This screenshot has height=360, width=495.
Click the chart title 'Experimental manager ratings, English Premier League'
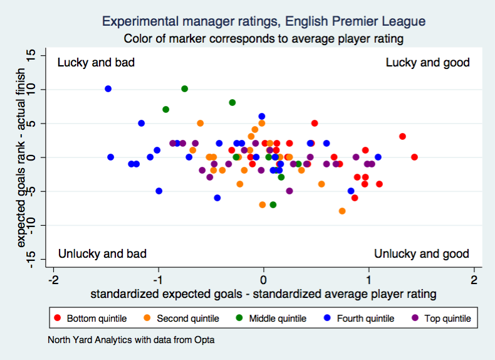(263, 21)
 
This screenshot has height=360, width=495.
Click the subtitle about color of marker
(263, 39)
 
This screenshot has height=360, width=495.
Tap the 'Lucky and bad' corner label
(96, 63)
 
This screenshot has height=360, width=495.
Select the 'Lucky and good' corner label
(427, 63)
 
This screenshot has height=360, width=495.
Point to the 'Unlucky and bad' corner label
(102, 254)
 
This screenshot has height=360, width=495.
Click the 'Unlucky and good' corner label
(421, 254)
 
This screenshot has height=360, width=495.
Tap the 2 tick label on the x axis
(474, 280)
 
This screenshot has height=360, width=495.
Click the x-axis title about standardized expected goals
(263, 294)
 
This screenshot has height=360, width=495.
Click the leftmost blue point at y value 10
(108, 89)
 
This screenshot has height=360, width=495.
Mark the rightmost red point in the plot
(414, 157)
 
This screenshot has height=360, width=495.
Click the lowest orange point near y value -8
(342, 211)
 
